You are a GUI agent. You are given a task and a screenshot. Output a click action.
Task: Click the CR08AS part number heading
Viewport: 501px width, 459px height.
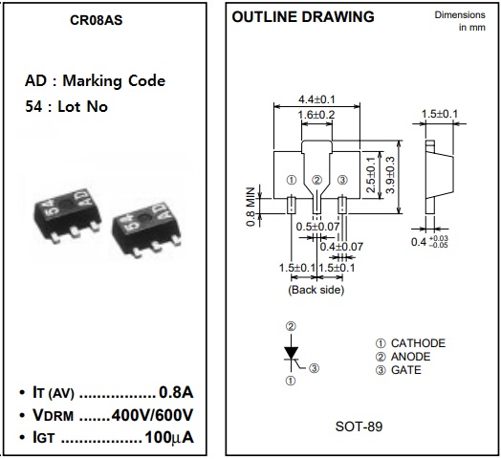pos(97,20)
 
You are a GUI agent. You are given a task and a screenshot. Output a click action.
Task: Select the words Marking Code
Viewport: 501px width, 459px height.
pos(114,81)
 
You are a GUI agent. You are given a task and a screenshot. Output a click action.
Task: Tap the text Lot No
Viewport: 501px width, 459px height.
pos(82,106)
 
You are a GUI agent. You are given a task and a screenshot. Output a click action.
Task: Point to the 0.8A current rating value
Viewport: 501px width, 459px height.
pos(176,392)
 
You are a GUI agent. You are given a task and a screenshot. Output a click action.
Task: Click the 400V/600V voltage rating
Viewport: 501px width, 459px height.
pos(152,415)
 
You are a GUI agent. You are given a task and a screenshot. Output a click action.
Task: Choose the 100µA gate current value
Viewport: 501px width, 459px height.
pos(169,437)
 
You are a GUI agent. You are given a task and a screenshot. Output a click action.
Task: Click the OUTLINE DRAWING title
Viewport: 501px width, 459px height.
pos(303,17)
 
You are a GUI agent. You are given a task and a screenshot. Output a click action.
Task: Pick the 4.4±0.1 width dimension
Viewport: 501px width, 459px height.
pos(316,99)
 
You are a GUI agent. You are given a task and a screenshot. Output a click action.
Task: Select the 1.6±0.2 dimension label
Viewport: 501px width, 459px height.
pos(316,115)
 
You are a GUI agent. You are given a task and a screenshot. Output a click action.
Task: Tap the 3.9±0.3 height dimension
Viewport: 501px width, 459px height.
pos(390,175)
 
